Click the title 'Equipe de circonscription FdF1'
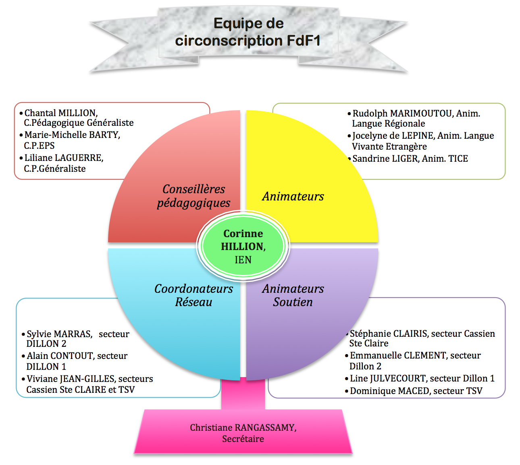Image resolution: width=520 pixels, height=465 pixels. coord(248,32)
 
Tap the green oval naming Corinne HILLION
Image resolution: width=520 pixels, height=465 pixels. coord(243,246)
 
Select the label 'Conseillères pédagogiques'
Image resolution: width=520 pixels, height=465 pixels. coord(193,196)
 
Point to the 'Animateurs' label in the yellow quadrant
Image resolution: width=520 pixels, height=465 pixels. coord(293,196)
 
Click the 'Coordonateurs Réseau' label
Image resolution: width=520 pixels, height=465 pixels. coord(193,295)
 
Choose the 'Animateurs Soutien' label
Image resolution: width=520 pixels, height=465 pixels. coord(293,295)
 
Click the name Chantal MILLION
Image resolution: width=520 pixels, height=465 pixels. coord(61,113)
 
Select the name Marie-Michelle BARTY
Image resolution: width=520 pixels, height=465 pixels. coord(72,135)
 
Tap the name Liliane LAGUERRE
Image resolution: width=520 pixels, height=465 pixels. coord(64,158)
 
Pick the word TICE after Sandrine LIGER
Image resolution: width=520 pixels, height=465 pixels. coord(458,158)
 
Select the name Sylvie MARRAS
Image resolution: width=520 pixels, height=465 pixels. coord(59,334)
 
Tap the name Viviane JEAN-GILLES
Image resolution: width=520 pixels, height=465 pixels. coord(71,379)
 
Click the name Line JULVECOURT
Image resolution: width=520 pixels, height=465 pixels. coord(391,378)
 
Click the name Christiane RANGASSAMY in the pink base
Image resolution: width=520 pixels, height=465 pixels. coord(243,427)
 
